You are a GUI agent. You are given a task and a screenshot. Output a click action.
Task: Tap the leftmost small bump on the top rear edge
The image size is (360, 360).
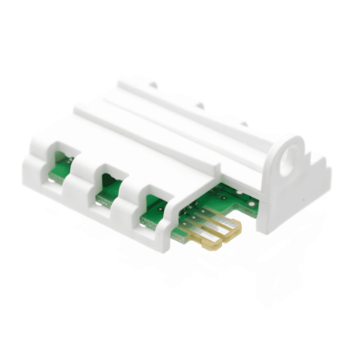[x=154, y=84]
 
